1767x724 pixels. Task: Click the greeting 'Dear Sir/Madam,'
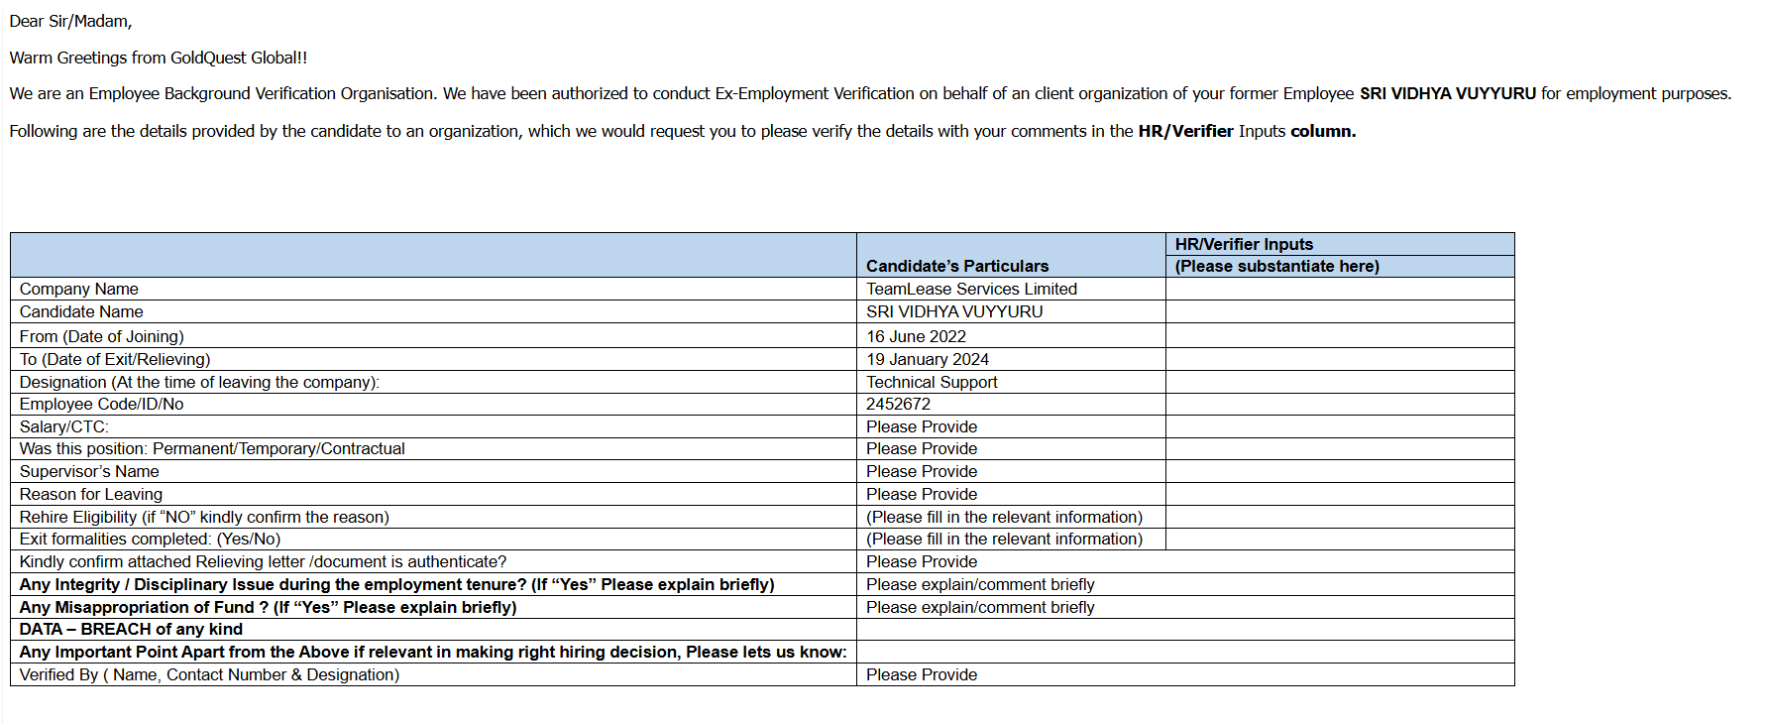[70, 21]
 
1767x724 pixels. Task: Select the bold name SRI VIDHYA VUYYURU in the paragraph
[1447, 93]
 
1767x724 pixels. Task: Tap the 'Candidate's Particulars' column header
[956, 266]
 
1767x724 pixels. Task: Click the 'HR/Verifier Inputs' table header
[1244, 244]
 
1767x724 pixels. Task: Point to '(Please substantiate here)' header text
[1276, 266]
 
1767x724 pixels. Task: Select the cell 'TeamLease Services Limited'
[971, 289]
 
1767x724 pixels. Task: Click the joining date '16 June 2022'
[916, 336]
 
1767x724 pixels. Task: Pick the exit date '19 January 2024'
[928, 359]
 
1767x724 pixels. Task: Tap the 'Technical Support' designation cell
[932, 382]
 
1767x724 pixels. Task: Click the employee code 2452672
[898, 404]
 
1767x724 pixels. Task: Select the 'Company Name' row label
[79, 289]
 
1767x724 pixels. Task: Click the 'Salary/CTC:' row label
[64, 426]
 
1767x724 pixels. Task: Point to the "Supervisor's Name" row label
[89, 471]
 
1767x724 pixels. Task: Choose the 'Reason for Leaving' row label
[91, 494]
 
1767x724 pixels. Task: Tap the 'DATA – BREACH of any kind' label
[131, 629]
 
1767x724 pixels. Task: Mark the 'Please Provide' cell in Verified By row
[922, 674]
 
